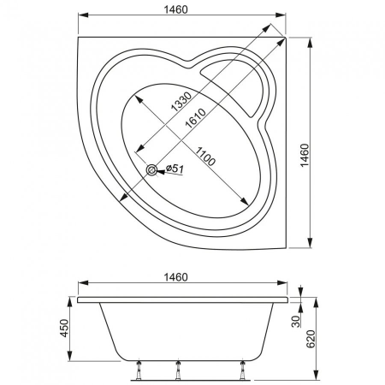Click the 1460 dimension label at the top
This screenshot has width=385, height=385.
pos(176,9)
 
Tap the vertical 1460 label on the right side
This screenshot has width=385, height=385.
pos(305,155)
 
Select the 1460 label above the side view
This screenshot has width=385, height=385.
pos(176,277)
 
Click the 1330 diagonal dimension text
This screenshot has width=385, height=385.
pos(181,101)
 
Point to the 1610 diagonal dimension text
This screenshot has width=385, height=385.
pos(195,118)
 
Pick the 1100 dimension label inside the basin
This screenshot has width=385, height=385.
pos(205,156)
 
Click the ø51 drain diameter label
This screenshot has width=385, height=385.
pos(175,169)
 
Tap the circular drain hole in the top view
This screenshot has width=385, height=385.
pos(151,170)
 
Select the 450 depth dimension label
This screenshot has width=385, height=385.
pos(64,328)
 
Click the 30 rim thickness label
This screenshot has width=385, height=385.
pos(296,321)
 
